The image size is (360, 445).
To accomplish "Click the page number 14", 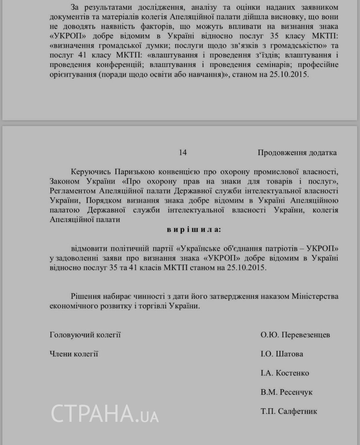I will [x=183, y=152].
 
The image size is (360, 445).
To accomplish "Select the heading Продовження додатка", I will [x=297, y=152].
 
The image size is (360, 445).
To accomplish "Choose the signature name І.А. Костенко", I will [x=284, y=373].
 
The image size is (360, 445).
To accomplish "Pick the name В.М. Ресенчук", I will [x=286, y=392].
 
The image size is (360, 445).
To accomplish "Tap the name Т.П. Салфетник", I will [x=289, y=411].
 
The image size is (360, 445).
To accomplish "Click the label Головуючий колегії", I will [x=85, y=335].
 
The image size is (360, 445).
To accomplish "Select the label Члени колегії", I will [x=74, y=354].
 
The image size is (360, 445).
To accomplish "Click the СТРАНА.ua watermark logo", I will [x=105, y=413].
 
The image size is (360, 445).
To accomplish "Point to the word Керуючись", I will [x=90, y=172].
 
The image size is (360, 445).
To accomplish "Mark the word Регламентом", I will [x=72, y=191].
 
